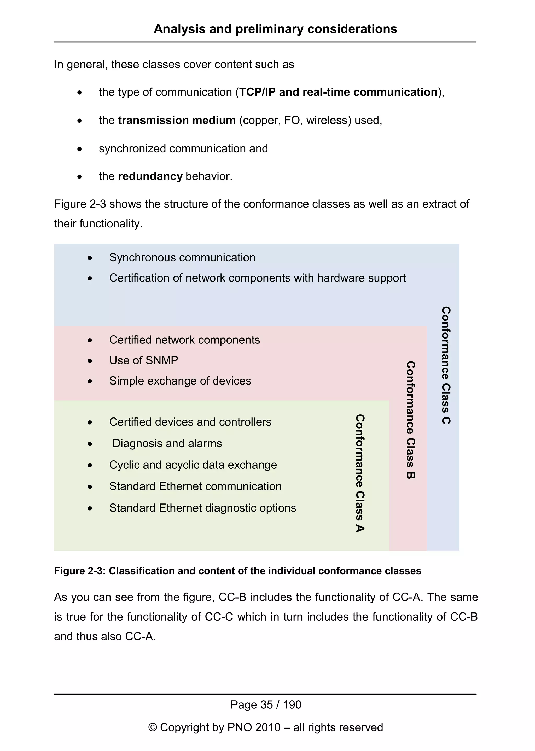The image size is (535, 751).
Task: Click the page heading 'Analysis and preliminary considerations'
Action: click(x=275, y=29)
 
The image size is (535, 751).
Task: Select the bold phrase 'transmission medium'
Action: click(x=177, y=120)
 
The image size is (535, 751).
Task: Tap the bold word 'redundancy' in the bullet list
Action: click(x=150, y=176)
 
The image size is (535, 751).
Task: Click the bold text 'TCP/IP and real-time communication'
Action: click(x=338, y=92)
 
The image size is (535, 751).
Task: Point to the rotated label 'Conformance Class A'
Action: click(x=360, y=473)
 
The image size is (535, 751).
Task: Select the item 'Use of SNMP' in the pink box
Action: click(x=143, y=360)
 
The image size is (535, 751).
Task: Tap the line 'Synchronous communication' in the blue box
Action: click(x=182, y=257)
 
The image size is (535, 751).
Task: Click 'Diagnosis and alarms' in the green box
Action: click(x=167, y=443)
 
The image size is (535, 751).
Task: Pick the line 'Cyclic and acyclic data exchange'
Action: click(x=193, y=465)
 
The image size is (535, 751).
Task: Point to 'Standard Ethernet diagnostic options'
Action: click(x=203, y=508)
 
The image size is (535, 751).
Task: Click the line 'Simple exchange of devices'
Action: click(x=180, y=381)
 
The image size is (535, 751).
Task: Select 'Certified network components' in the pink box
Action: click(x=184, y=340)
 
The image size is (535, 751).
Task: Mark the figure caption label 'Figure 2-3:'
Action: click(x=79, y=571)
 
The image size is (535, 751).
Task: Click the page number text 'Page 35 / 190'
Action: click(x=265, y=704)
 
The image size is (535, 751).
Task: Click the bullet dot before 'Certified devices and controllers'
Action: click(x=90, y=423)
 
